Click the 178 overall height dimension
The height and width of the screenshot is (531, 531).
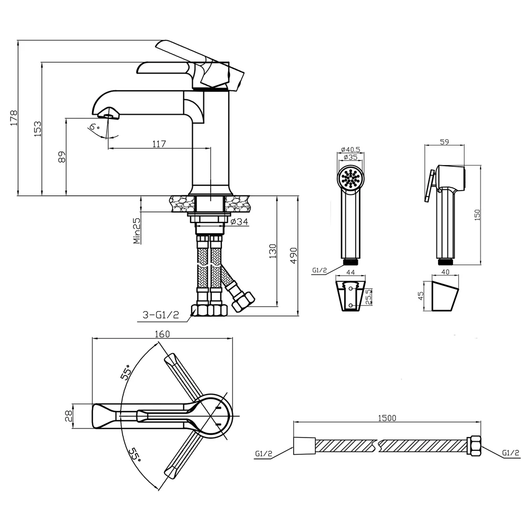(14, 118)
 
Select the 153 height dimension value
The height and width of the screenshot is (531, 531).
(38, 129)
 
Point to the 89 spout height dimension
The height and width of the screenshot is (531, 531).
(62, 157)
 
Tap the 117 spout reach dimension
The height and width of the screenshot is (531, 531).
(159, 144)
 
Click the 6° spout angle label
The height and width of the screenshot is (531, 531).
(94, 127)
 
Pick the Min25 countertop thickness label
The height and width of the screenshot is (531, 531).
(136, 230)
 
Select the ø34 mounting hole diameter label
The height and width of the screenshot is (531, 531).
(239, 222)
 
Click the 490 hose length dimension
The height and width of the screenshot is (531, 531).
(294, 256)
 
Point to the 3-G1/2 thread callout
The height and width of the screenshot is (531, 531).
(160, 315)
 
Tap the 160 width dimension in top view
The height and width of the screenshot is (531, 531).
(162, 334)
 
